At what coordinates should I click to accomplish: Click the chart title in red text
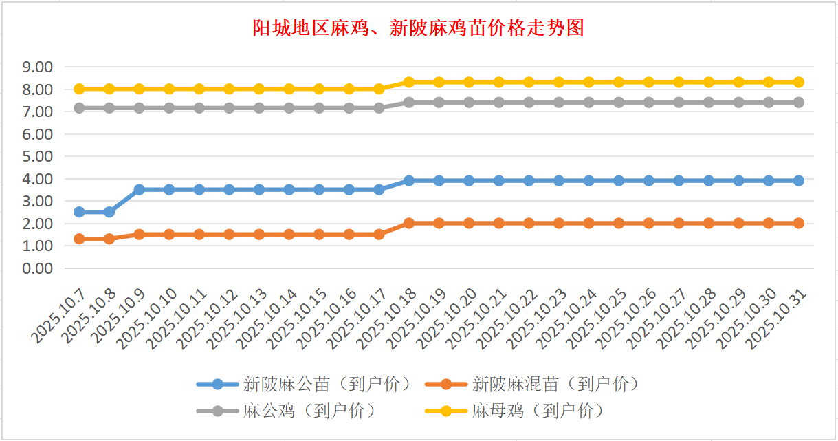click(419, 28)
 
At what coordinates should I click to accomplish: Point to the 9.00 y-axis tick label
click(38, 67)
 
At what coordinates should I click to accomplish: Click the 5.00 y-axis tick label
click(38, 156)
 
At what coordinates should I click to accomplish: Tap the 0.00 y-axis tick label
click(38, 268)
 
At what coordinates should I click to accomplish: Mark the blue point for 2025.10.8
click(109, 212)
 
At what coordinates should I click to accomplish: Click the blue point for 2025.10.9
click(139, 189)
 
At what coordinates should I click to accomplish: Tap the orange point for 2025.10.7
click(79, 239)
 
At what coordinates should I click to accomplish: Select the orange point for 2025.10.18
click(409, 223)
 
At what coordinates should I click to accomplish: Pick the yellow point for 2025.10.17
click(379, 89)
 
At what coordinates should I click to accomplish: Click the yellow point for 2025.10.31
click(799, 82)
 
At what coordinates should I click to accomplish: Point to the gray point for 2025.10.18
click(409, 102)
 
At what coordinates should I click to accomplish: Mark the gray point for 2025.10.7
click(79, 108)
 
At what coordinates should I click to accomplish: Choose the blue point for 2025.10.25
click(619, 180)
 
